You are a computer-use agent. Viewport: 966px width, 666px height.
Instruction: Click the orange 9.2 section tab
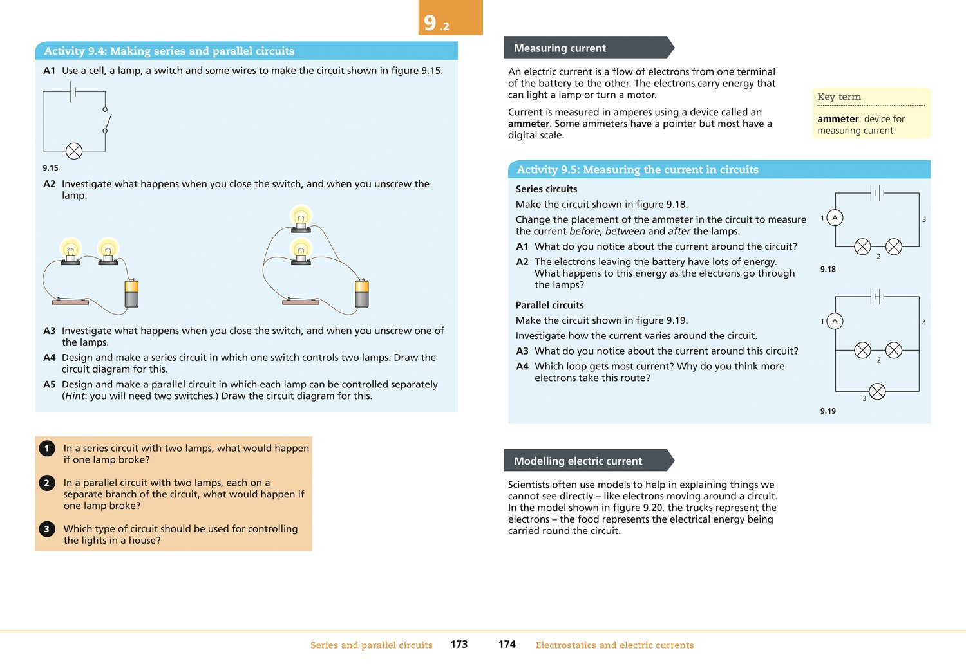coord(450,18)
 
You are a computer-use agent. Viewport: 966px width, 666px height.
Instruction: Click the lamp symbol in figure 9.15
coord(74,151)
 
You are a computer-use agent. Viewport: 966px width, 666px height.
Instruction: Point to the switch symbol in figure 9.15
coord(106,120)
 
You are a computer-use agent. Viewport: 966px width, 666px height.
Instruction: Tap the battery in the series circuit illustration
coord(131,293)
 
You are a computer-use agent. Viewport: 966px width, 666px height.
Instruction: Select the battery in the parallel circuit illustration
coord(362,293)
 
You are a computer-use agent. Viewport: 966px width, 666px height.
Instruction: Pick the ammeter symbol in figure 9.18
coord(835,217)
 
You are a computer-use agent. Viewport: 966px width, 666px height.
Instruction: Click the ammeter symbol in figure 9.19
coord(835,321)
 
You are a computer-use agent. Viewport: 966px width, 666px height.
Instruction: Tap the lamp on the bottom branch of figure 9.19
coord(877,391)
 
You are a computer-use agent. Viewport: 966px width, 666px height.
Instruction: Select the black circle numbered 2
coord(47,483)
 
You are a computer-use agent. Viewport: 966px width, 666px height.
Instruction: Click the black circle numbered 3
coord(47,529)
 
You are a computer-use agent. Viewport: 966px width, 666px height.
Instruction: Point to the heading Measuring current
coord(560,48)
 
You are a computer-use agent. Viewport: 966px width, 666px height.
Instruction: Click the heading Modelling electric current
coord(578,461)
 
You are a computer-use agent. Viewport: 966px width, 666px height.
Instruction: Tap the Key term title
coord(838,97)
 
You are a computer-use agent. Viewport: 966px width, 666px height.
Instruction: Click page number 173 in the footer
coord(459,644)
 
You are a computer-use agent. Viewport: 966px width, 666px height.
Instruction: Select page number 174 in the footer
coord(507,644)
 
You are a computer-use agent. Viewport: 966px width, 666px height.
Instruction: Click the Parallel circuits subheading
coord(549,305)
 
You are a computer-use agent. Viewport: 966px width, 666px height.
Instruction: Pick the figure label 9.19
coord(828,411)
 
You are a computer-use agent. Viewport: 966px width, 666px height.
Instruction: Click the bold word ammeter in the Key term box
coord(838,119)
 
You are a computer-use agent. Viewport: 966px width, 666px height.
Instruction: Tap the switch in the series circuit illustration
coord(70,301)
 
